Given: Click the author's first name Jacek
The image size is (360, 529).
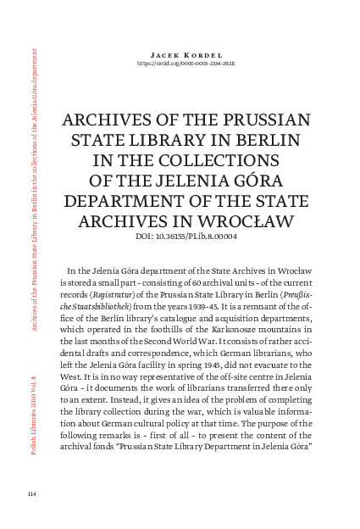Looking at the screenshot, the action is [x=158, y=53].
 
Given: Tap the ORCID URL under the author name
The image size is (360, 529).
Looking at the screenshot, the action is [x=180, y=63].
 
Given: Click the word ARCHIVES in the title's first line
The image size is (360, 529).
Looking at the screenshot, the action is [x=103, y=120].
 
